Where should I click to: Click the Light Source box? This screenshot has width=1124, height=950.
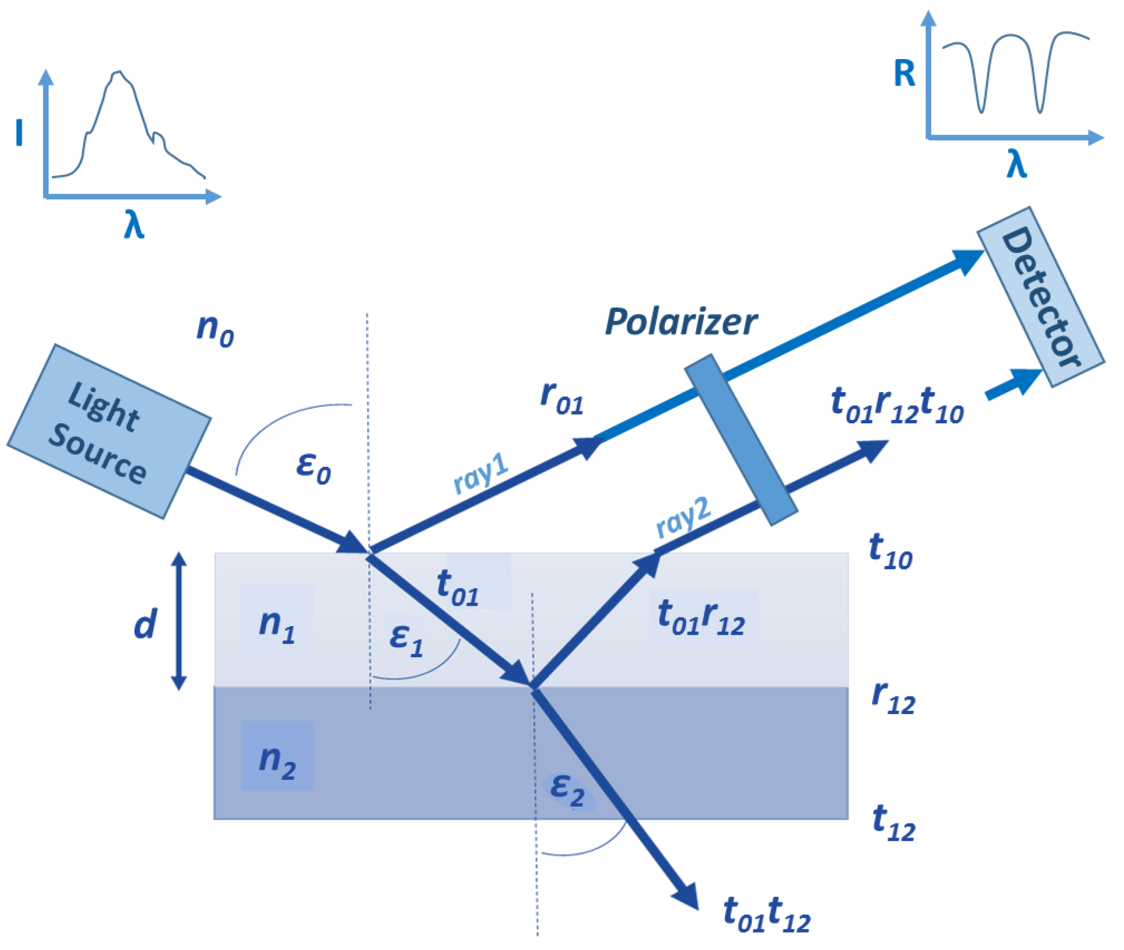coord(108,431)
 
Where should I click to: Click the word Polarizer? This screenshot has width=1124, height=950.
coord(681,322)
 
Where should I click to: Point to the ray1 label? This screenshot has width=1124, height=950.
coord(481,473)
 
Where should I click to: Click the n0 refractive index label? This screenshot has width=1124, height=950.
coord(215,330)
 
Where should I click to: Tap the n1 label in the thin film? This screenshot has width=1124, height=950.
coord(277,626)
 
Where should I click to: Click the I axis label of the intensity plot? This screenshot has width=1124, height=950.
coord(19,133)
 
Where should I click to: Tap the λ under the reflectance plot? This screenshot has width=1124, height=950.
coord(1016,164)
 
